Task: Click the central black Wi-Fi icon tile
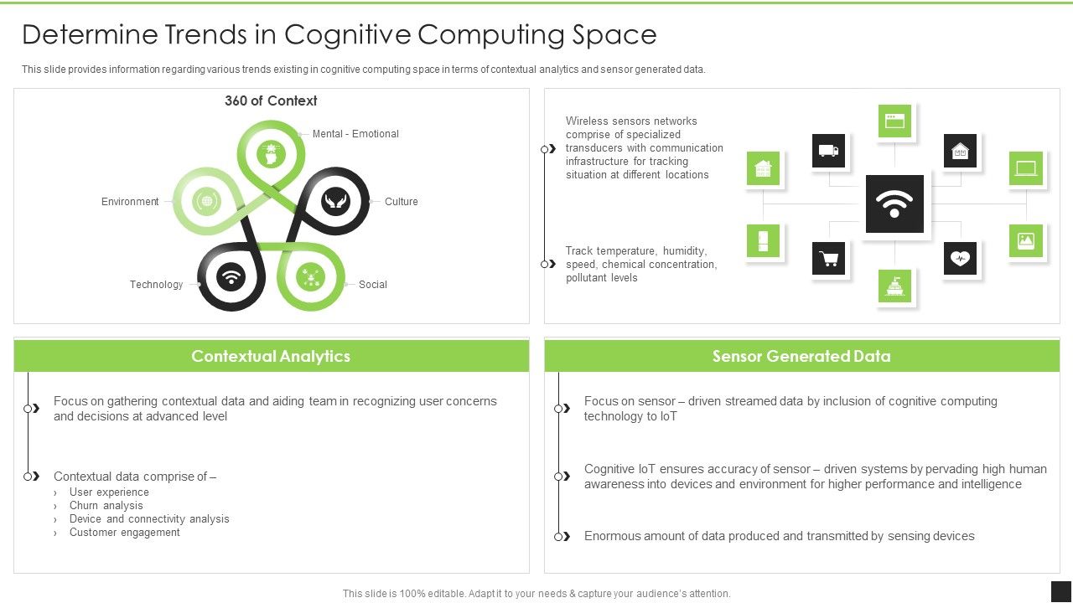tap(894, 204)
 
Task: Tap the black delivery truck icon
tap(828, 151)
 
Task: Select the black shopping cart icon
tap(828, 259)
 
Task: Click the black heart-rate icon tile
tap(960, 259)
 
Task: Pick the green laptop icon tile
tap(1026, 168)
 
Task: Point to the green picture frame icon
tap(1026, 241)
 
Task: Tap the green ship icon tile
tap(894, 286)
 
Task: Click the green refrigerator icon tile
tap(763, 241)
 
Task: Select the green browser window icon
tap(894, 121)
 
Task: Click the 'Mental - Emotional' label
tap(355, 134)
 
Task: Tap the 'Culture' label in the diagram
tap(401, 202)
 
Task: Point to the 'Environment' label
tap(130, 202)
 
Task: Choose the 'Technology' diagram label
tap(156, 285)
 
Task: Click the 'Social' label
tap(373, 285)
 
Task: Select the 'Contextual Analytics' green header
tap(271, 356)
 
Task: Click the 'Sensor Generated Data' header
tap(801, 356)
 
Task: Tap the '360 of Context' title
tap(271, 100)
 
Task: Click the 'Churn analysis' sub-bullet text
tap(106, 506)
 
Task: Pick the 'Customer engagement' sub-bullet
tap(124, 533)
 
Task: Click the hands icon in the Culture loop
tap(334, 201)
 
